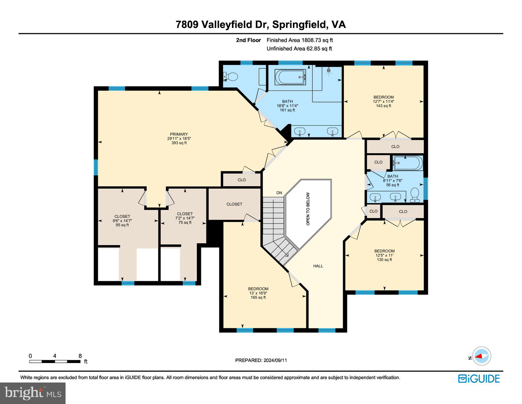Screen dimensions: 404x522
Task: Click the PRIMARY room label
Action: (x=179, y=138)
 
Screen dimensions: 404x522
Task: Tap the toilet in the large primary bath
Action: (x=231, y=77)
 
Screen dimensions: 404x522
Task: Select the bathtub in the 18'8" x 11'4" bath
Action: (x=290, y=77)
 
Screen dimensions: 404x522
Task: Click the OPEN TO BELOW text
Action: (x=308, y=209)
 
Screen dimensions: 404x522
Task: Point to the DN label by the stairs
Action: (x=279, y=193)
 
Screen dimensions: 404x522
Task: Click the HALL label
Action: (x=318, y=266)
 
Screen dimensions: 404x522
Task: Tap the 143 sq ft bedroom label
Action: (x=383, y=101)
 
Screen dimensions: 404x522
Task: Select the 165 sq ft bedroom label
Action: (x=258, y=293)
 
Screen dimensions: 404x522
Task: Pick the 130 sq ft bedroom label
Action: (x=384, y=255)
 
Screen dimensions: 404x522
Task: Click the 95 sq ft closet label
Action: (x=122, y=220)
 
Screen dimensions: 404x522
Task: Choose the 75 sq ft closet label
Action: (x=185, y=218)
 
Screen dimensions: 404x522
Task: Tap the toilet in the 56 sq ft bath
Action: (x=415, y=195)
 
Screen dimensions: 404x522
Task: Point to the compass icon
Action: (x=481, y=356)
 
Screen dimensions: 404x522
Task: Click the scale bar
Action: (x=55, y=361)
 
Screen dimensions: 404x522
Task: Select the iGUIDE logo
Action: (x=479, y=378)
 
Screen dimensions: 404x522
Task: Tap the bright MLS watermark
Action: (x=33, y=393)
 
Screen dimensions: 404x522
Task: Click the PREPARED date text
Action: (x=261, y=360)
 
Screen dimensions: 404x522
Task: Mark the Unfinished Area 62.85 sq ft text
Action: (x=299, y=49)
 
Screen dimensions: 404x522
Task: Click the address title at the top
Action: (x=261, y=24)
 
